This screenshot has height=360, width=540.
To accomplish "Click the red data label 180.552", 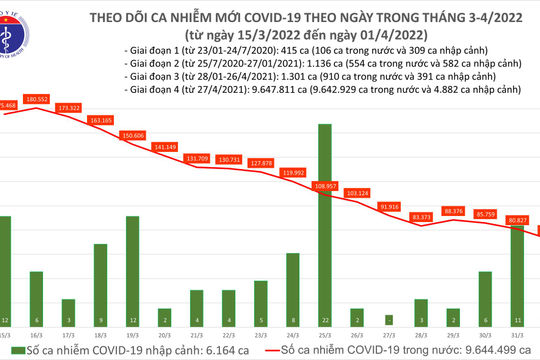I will [x=38, y=99].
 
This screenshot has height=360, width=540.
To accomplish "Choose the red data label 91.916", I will [x=389, y=206].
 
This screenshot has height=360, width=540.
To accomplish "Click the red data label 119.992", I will [x=293, y=172].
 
